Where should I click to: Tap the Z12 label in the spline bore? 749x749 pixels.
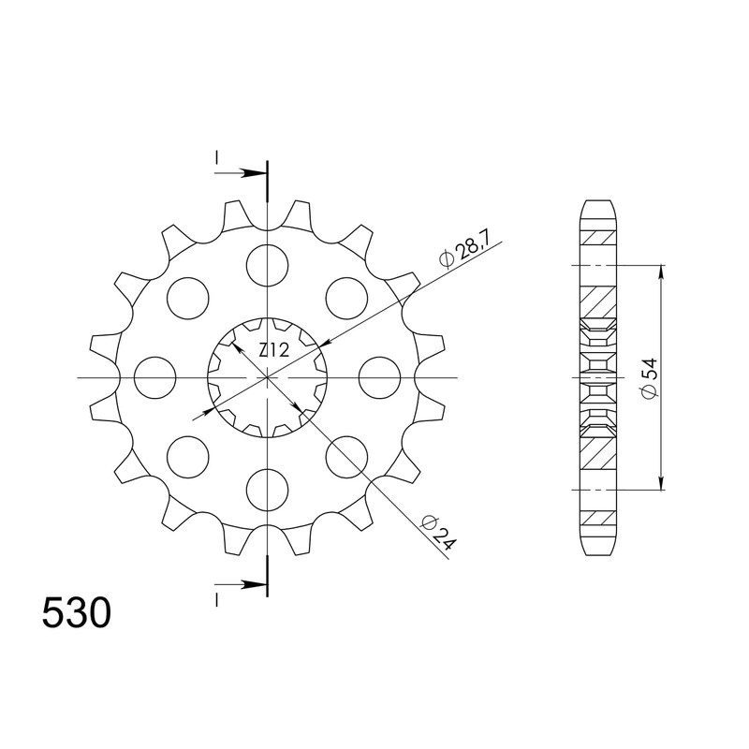click(x=273, y=350)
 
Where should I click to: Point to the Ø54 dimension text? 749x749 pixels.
click(x=647, y=378)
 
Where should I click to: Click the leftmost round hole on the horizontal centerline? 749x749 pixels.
click(x=154, y=377)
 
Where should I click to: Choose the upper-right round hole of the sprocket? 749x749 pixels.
click(x=347, y=297)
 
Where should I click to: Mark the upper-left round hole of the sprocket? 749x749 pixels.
click(x=187, y=297)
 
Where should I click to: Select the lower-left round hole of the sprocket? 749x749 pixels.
click(x=187, y=458)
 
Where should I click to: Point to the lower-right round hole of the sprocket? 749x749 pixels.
click(x=347, y=458)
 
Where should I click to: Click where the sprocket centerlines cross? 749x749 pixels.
click(x=268, y=377)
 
